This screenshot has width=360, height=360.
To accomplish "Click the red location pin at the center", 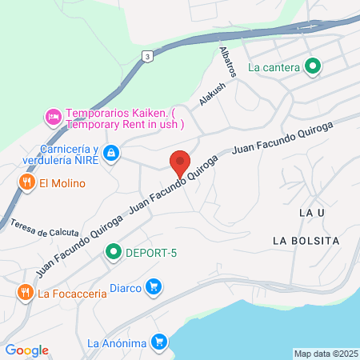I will (x=180, y=162).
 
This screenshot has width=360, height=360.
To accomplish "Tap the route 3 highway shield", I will (x=146, y=56).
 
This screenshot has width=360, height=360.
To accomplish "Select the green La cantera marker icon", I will (x=313, y=67).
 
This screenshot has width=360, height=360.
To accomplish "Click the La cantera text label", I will (x=274, y=67).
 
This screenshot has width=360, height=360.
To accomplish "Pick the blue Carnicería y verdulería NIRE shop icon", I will (x=111, y=152).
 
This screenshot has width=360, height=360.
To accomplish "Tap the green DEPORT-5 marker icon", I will (x=114, y=253).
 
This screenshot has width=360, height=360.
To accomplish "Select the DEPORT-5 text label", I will (x=150, y=254).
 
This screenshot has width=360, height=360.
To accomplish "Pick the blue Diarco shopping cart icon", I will (x=154, y=287).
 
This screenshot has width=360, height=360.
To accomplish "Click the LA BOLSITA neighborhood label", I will (x=306, y=240).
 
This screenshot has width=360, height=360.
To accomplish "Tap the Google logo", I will (x=26, y=350).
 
